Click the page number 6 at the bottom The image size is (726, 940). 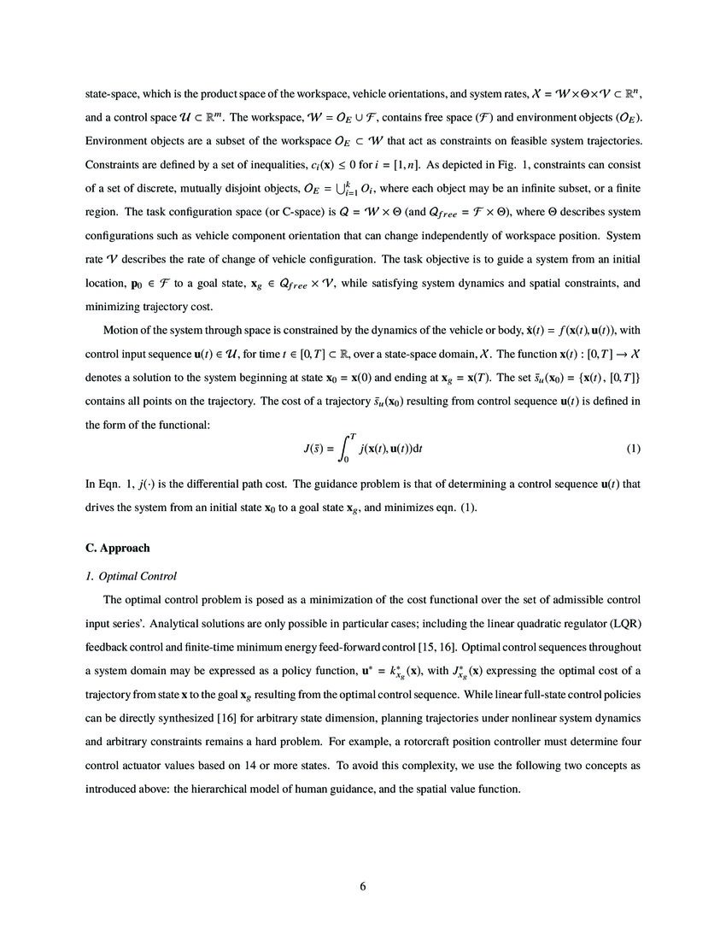click(x=363, y=886)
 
